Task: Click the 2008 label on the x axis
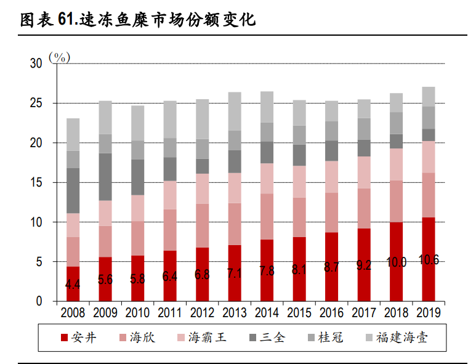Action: [73, 313]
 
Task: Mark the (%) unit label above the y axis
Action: [60, 57]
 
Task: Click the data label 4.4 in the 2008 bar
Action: [73, 285]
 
